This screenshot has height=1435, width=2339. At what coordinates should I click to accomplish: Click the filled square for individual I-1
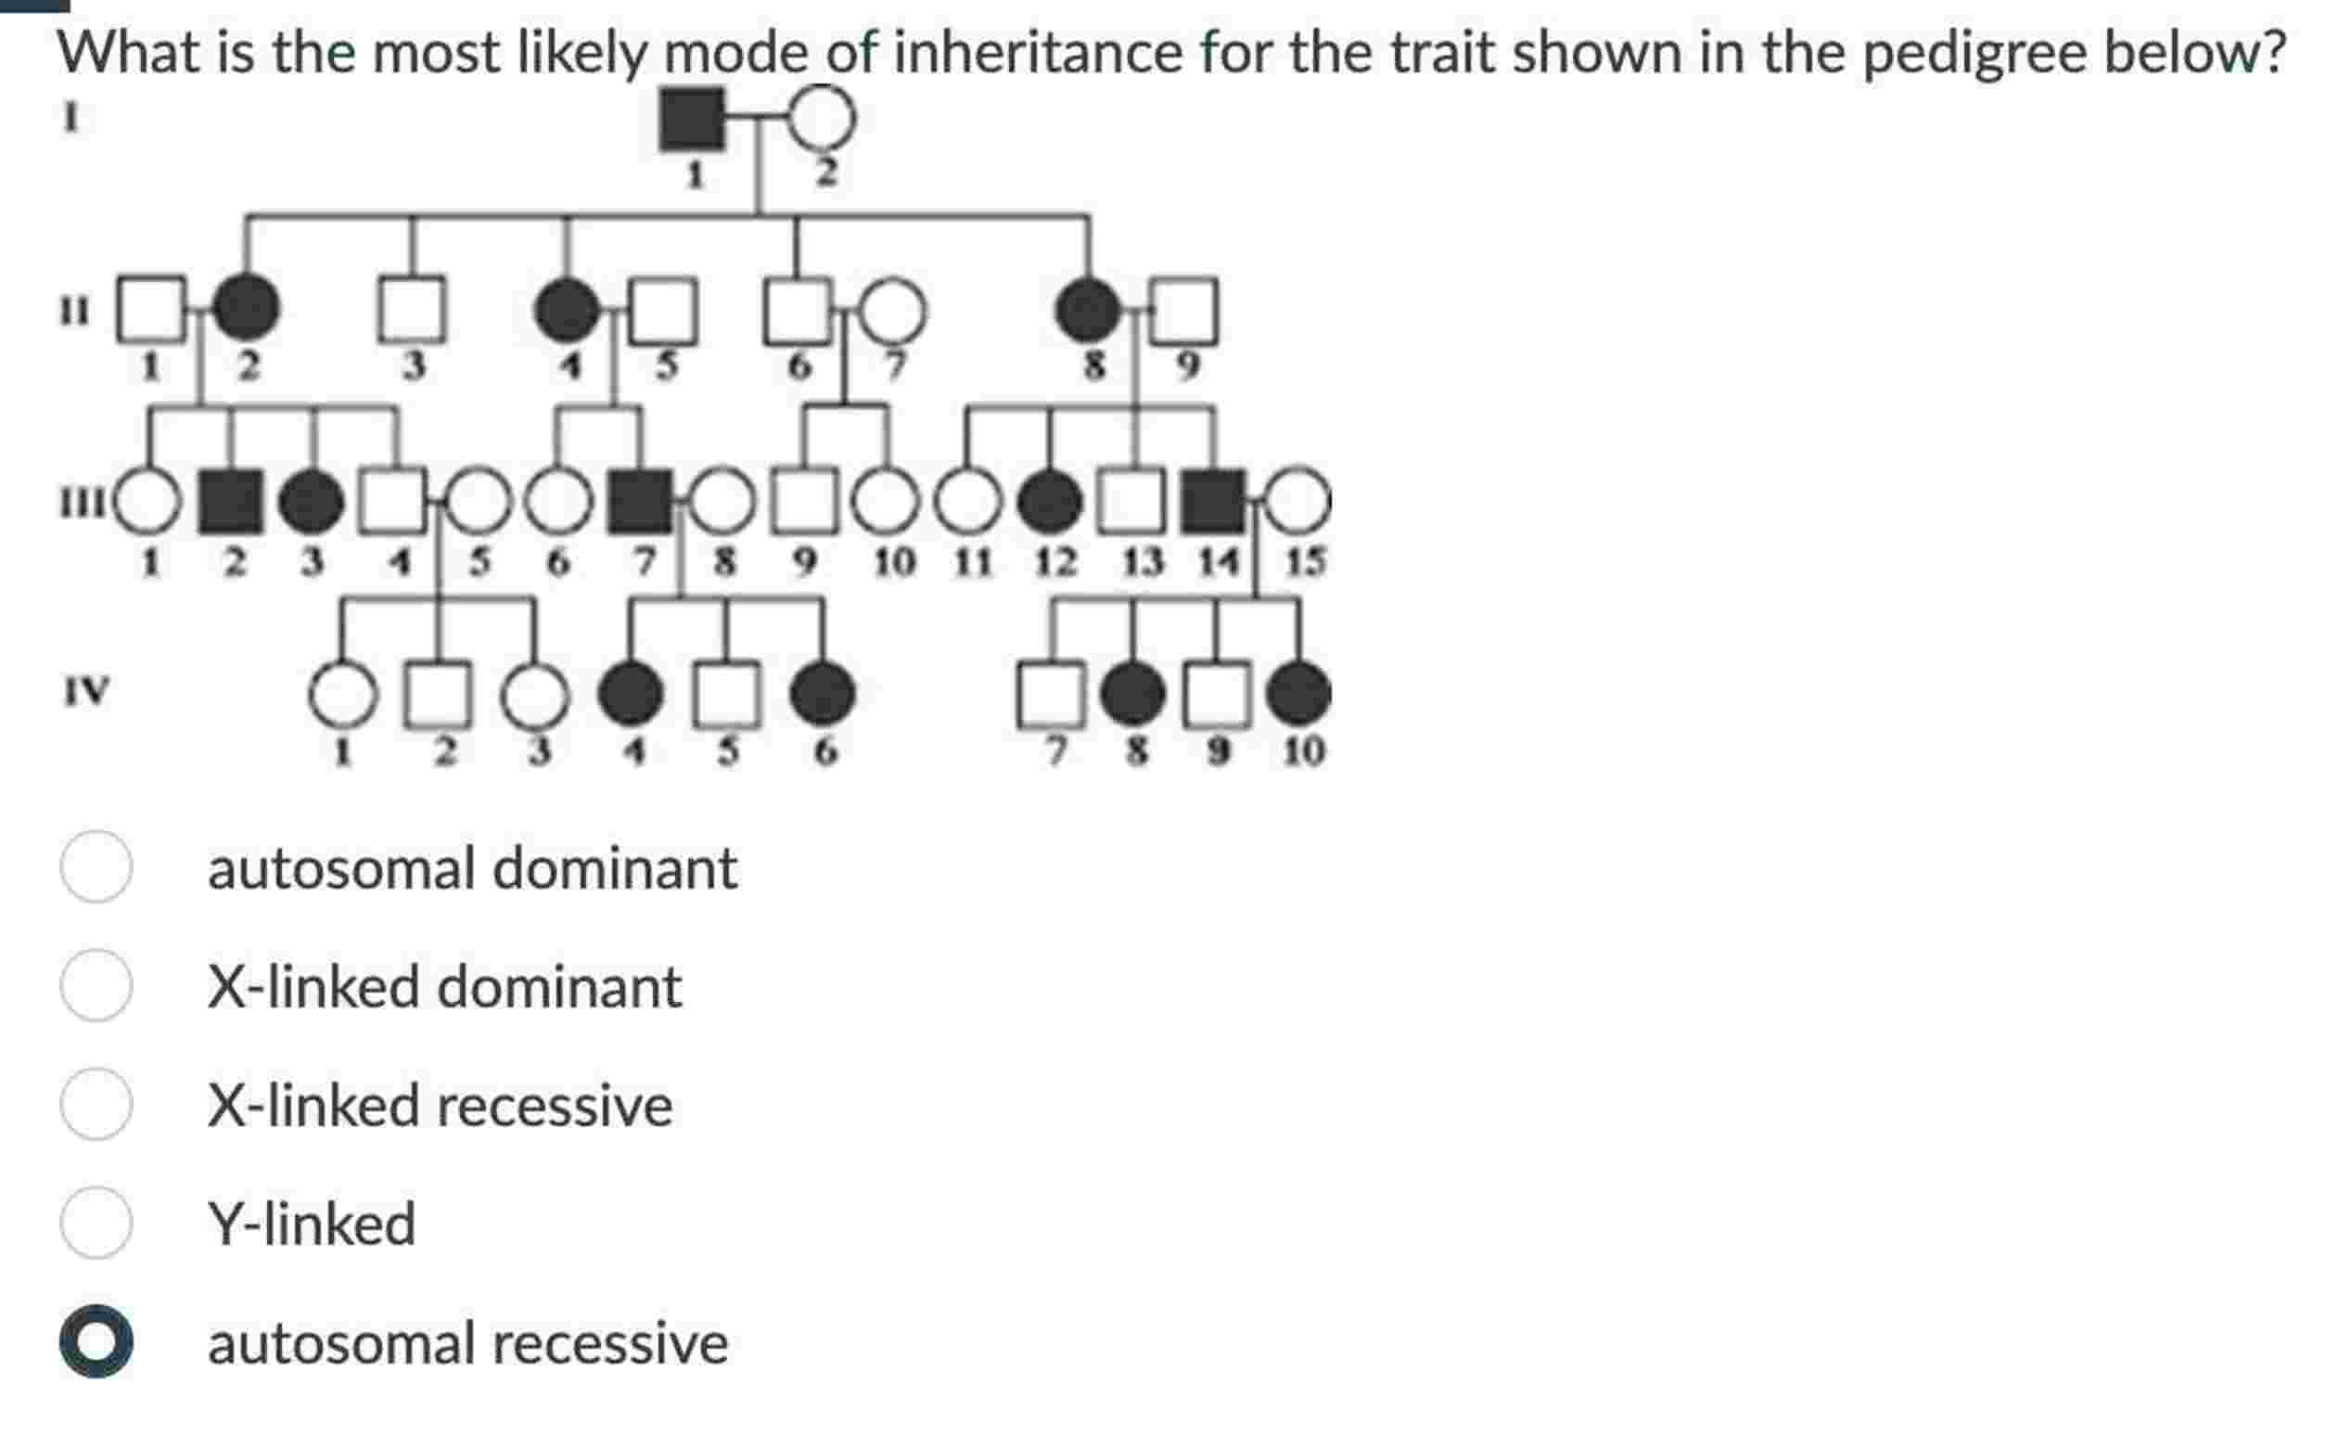(x=691, y=119)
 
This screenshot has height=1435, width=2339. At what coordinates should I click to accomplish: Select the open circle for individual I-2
(x=822, y=119)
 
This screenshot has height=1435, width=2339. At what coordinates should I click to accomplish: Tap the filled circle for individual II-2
(x=246, y=309)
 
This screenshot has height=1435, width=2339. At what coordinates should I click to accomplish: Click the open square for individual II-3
(x=411, y=309)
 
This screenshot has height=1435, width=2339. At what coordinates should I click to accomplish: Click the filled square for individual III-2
(x=231, y=501)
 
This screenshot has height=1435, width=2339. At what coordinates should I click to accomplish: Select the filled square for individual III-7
(x=638, y=501)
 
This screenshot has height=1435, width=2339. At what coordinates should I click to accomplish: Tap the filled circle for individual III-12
(x=1049, y=501)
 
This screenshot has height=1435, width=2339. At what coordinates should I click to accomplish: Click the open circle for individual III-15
(x=1297, y=501)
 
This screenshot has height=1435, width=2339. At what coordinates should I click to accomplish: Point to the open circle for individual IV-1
(x=342, y=694)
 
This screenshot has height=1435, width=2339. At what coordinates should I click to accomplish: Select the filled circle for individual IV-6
(x=822, y=693)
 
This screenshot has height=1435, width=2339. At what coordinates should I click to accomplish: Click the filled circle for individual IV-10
(x=1298, y=693)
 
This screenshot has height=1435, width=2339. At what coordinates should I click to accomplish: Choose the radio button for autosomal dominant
(x=96, y=866)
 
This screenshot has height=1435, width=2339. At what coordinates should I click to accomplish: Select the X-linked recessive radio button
(x=96, y=1104)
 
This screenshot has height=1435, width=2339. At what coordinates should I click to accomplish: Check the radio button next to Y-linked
(x=96, y=1223)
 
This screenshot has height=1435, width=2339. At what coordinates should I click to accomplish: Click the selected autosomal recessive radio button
(x=96, y=1341)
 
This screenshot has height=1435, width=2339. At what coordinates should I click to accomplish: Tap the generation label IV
(x=86, y=690)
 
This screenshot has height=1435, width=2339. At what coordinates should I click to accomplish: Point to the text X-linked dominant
(x=444, y=986)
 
